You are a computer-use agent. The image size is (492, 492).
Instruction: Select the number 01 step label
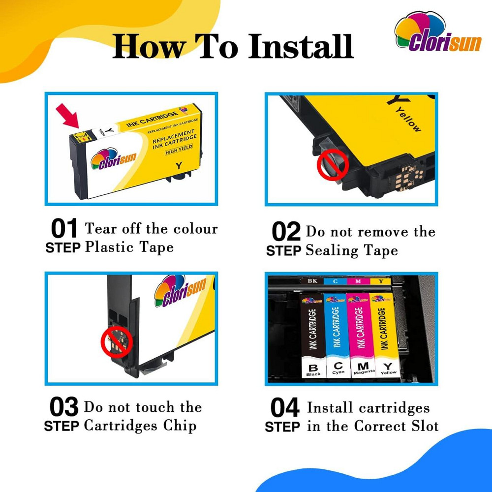pos(64,229)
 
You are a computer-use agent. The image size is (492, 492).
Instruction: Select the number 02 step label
pos(286,232)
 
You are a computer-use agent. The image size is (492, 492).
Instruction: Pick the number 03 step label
pos(64,407)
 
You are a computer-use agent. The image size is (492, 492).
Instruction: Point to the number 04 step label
pos(285,408)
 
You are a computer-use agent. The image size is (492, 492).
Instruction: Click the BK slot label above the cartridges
pos(312,281)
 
